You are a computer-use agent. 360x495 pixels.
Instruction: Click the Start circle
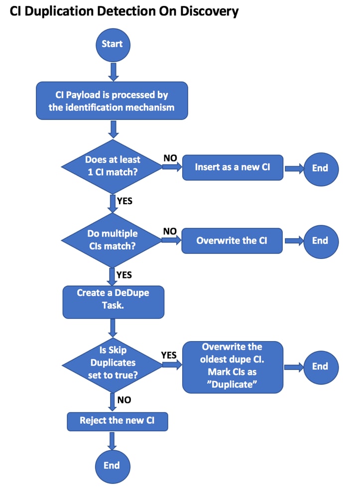[x=113, y=44]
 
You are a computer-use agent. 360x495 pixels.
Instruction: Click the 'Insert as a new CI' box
[x=233, y=167]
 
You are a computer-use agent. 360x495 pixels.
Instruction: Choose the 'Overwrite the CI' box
[x=232, y=240]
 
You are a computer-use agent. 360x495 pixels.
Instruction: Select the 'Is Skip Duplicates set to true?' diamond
[x=113, y=364]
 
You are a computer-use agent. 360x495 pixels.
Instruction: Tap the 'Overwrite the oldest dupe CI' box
[x=233, y=367]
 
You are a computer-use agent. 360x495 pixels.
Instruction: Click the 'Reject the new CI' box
[x=118, y=421]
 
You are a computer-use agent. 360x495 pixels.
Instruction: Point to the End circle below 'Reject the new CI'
[x=112, y=465]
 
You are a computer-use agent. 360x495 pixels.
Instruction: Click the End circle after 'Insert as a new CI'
[x=320, y=168]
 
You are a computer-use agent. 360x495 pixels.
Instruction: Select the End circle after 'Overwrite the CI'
[x=320, y=241]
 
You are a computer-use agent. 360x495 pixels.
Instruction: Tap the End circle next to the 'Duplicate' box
[x=320, y=367]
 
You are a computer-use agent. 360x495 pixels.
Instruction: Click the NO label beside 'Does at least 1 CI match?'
[x=171, y=158]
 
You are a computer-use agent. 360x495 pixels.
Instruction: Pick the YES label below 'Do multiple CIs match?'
[x=124, y=274]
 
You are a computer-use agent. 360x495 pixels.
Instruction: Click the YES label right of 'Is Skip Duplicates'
[x=169, y=355]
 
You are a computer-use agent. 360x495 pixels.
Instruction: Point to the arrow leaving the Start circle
[x=113, y=72]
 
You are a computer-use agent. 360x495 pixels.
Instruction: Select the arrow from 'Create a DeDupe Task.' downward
[x=113, y=327]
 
